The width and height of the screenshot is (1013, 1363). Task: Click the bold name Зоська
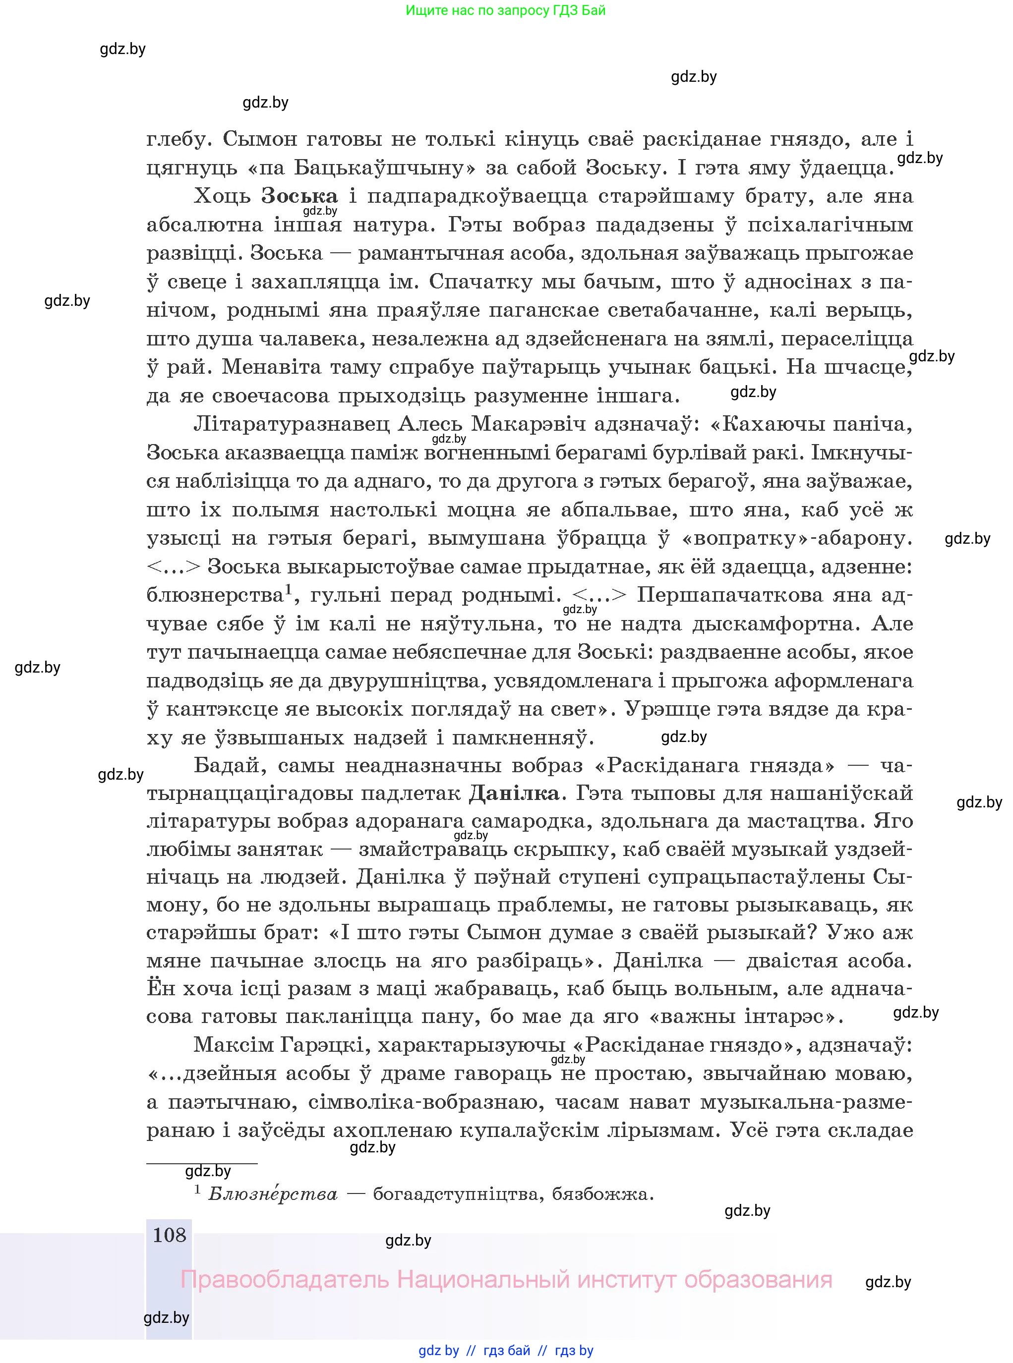299,196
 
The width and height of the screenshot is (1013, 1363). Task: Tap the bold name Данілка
514,793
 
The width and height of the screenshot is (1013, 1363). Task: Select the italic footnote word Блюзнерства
273,1194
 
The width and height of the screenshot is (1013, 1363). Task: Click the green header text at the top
505,10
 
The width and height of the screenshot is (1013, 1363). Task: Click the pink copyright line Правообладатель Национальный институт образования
506,1280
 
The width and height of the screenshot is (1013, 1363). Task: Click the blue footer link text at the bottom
506,1350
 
